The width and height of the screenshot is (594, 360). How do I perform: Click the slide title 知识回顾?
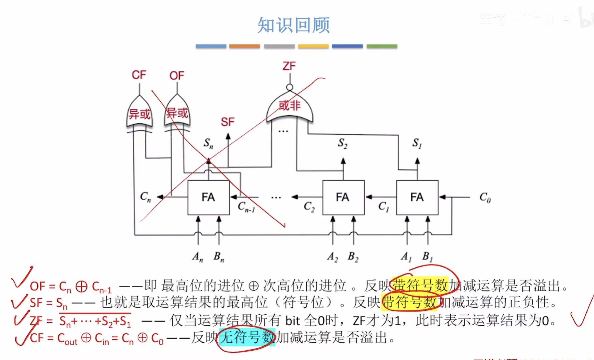click(293, 25)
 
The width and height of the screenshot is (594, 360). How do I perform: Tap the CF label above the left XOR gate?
click(139, 75)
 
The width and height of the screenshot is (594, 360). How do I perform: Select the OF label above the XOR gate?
click(176, 76)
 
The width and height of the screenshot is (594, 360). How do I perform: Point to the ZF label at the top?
click(289, 66)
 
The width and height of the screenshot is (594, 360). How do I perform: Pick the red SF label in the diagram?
click(227, 122)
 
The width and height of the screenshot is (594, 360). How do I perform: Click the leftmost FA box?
click(208, 197)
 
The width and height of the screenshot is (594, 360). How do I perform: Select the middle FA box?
click(343, 197)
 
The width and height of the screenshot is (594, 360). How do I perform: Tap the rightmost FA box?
click(417, 197)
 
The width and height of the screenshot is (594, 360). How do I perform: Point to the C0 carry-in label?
click(485, 198)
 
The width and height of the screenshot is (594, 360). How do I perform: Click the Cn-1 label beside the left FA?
click(246, 207)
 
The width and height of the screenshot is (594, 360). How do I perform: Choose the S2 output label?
click(343, 143)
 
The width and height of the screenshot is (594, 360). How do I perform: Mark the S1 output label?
click(417, 143)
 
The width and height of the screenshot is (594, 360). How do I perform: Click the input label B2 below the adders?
click(353, 257)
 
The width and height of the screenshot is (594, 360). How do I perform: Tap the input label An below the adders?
click(198, 257)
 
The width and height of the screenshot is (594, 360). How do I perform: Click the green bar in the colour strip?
click(382, 46)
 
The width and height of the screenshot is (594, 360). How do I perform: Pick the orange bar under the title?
click(244, 46)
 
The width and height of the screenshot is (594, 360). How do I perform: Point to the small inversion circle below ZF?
click(289, 87)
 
